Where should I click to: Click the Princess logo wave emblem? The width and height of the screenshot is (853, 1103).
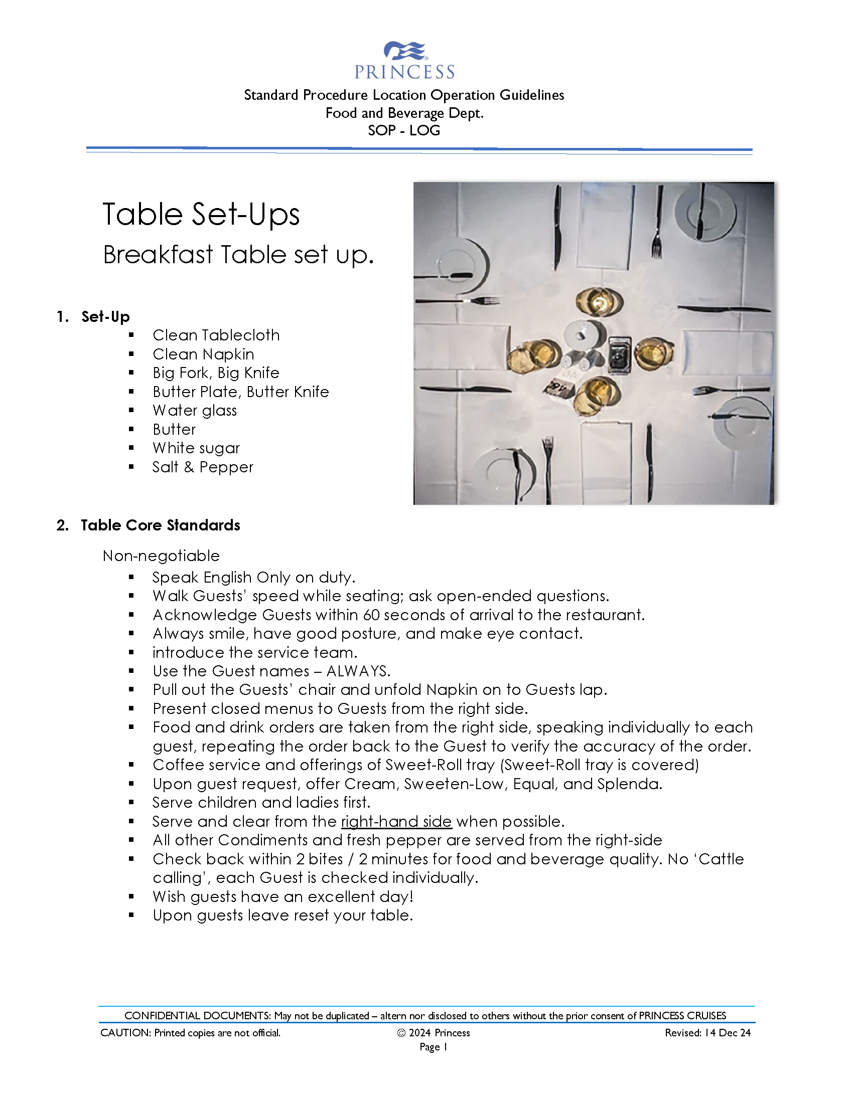(x=405, y=51)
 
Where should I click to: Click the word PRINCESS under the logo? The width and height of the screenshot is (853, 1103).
(x=404, y=72)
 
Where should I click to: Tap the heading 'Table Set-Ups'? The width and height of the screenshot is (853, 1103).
(x=201, y=214)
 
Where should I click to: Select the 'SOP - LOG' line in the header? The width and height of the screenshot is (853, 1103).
(x=404, y=130)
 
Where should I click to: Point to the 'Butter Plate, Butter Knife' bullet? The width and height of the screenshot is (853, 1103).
(x=240, y=392)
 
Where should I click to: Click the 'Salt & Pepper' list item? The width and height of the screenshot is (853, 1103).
(x=203, y=467)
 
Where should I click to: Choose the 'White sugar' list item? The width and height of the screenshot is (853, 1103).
(x=196, y=448)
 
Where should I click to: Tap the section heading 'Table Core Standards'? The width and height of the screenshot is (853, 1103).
(x=160, y=525)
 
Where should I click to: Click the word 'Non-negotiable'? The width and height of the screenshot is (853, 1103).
(x=161, y=556)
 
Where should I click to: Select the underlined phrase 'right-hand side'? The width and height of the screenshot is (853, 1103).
(x=396, y=822)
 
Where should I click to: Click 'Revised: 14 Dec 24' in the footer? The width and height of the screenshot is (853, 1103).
(x=707, y=1033)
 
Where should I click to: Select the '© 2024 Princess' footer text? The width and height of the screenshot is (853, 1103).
(x=434, y=1033)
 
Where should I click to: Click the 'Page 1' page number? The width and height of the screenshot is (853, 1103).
(x=433, y=1047)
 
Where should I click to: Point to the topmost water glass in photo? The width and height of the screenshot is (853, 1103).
(x=599, y=301)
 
